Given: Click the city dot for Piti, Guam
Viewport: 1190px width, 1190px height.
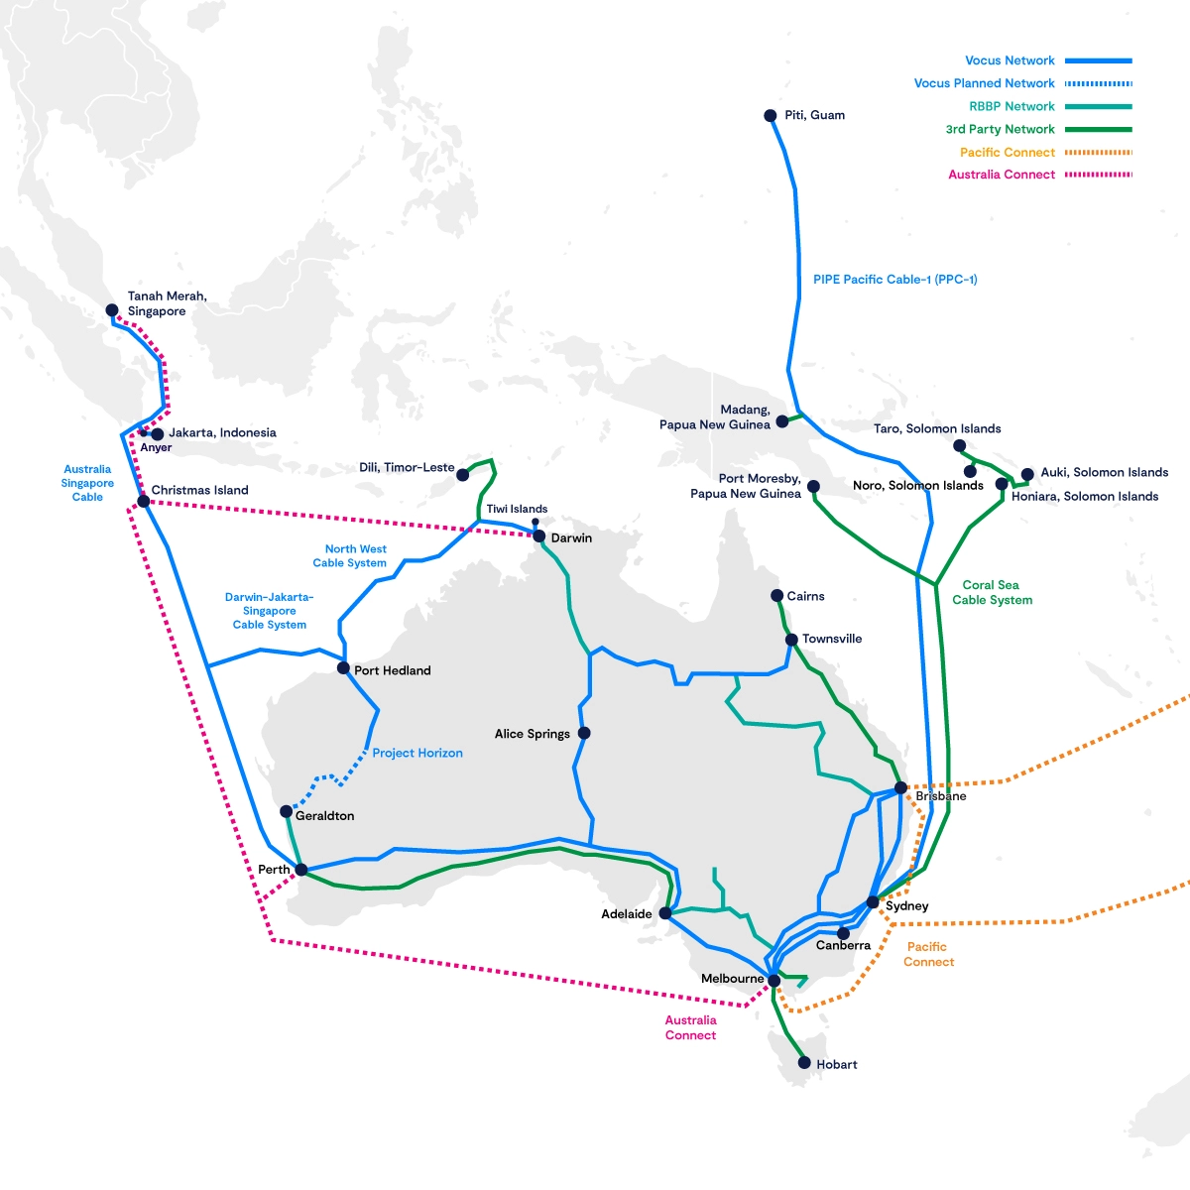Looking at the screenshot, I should click(x=770, y=116).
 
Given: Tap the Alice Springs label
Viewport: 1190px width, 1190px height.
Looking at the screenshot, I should click(x=532, y=734).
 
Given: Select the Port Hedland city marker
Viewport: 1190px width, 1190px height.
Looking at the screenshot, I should click(x=343, y=668).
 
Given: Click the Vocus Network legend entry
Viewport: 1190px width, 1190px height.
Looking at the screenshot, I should click(x=1010, y=60).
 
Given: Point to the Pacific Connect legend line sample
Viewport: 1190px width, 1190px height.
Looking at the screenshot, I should click(x=1097, y=152).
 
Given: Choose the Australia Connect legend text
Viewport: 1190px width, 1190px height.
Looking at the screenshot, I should click(x=1002, y=175).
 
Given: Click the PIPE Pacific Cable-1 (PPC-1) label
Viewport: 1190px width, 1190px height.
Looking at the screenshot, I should click(x=894, y=280).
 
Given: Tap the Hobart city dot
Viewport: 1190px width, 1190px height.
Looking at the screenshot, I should click(x=804, y=1062).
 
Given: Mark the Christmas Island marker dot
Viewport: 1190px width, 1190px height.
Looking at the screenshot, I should click(x=143, y=501).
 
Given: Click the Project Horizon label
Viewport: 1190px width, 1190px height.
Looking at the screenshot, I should click(x=417, y=753).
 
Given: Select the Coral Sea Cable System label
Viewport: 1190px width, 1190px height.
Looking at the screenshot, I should click(x=992, y=592).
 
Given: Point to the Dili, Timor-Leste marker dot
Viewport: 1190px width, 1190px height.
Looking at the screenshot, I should click(x=462, y=475).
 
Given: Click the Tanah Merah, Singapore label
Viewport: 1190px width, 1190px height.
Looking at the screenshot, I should click(x=167, y=303).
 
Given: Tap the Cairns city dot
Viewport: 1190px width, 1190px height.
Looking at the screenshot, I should click(x=776, y=596).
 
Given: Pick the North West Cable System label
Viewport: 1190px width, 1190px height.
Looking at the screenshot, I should click(x=351, y=555).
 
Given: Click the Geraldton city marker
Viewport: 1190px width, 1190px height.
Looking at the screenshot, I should click(x=286, y=812).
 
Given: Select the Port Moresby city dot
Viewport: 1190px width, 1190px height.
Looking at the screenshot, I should click(x=813, y=486).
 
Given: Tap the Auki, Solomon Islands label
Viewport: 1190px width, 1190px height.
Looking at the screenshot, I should click(x=1104, y=472).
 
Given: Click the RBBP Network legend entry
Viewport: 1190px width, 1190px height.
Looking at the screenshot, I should click(x=1011, y=106).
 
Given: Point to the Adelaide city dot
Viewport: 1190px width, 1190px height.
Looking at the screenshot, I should click(x=664, y=913).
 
